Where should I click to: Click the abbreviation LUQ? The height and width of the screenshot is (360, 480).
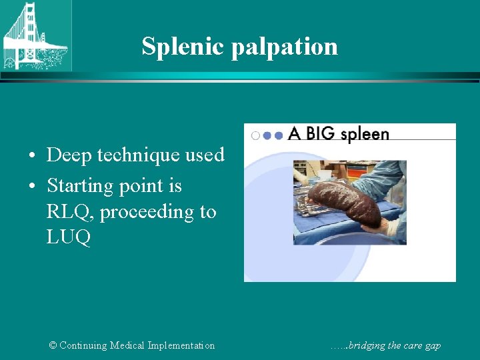(69, 238)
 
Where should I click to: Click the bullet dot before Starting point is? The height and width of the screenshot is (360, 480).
(33, 187)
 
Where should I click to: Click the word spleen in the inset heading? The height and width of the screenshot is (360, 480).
(364, 135)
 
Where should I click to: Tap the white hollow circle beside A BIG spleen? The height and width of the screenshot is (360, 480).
(255, 135)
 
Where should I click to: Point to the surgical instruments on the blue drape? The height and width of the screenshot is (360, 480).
(311, 212)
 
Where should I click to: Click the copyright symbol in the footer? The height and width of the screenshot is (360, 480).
(53, 345)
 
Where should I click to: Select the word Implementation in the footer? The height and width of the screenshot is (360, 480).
(182, 345)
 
